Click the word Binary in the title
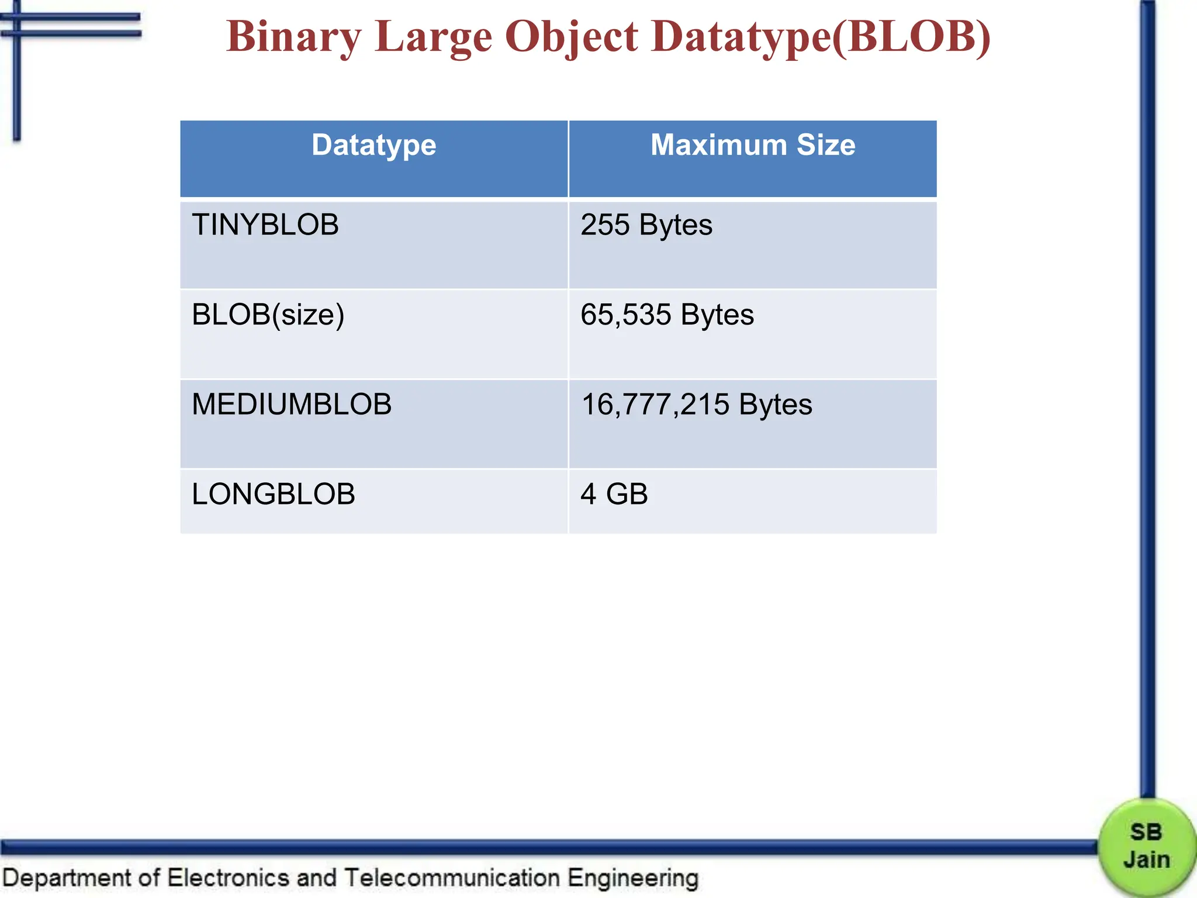293,37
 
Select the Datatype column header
374,145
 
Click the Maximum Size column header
753,145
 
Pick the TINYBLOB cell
265,225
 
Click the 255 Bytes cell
646,225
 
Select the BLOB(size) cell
268,315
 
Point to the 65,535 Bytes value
667,315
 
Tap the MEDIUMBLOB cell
292,405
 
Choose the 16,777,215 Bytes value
696,405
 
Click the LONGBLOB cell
274,495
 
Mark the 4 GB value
614,495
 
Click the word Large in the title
433,37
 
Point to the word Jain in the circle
1146,860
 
